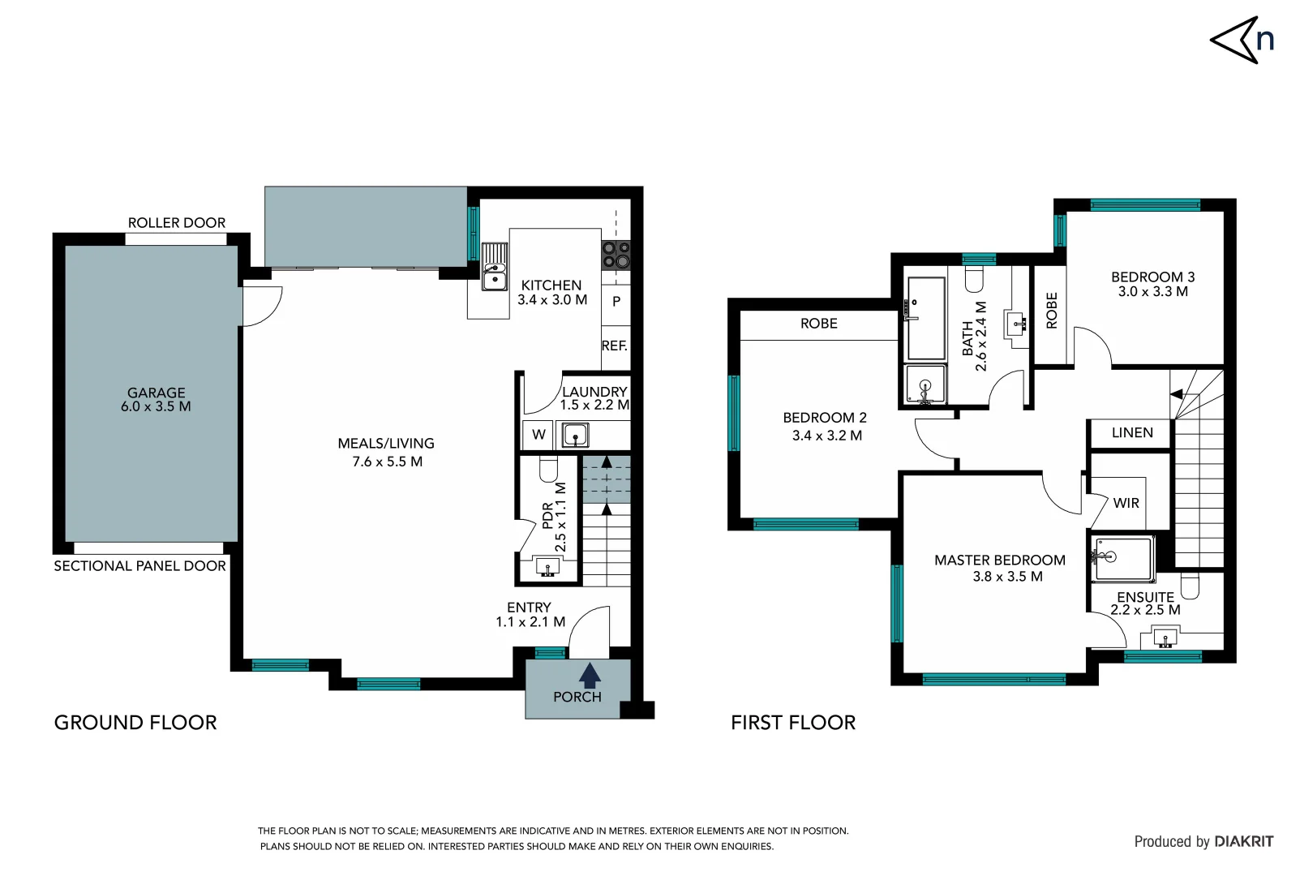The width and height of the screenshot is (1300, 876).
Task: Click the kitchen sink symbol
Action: (494, 267)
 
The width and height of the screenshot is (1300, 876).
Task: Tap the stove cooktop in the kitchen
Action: (616, 255)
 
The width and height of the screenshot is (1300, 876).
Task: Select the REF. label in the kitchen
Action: (614, 346)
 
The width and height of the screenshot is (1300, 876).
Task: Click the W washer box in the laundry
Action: (538, 435)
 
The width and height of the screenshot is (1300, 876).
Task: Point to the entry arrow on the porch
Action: (590, 675)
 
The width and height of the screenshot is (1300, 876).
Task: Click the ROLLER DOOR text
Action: (177, 222)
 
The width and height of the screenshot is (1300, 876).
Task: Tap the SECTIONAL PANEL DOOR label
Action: (139, 566)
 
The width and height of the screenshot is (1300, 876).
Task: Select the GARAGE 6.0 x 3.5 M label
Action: (156, 399)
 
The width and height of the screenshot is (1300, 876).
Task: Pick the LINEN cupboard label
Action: (1131, 433)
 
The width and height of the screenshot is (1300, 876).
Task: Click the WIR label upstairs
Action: (1126, 503)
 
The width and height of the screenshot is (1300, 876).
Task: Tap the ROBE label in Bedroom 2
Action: (818, 324)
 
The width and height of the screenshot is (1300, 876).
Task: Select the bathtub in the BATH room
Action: (925, 318)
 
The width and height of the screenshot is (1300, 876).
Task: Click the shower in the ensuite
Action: (1122, 558)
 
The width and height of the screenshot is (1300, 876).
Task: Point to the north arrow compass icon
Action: (1241, 40)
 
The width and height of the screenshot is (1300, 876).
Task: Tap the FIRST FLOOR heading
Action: (792, 723)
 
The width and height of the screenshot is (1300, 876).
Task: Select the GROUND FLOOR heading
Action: (135, 723)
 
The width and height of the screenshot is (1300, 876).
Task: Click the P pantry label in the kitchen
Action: (616, 301)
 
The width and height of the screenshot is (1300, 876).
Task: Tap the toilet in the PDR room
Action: (548, 470)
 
